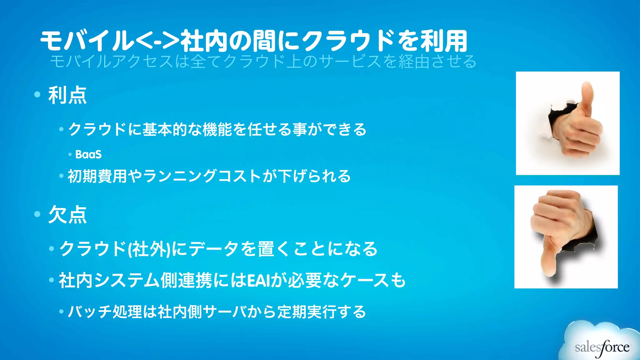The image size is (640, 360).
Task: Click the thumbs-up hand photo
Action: point(567,123)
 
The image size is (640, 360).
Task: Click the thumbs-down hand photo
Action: point(566,237)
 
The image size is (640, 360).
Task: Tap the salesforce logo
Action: point(602,347)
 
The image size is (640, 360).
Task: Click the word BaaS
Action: point(88,154)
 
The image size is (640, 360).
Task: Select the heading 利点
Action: point(67,95)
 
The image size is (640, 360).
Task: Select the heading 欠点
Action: point(67,215)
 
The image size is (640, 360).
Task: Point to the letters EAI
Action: point(258,280)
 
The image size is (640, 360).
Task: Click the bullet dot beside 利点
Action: point(37,94)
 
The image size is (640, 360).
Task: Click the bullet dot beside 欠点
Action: point(37,214)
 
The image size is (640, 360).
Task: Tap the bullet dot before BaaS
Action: point(70,154)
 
